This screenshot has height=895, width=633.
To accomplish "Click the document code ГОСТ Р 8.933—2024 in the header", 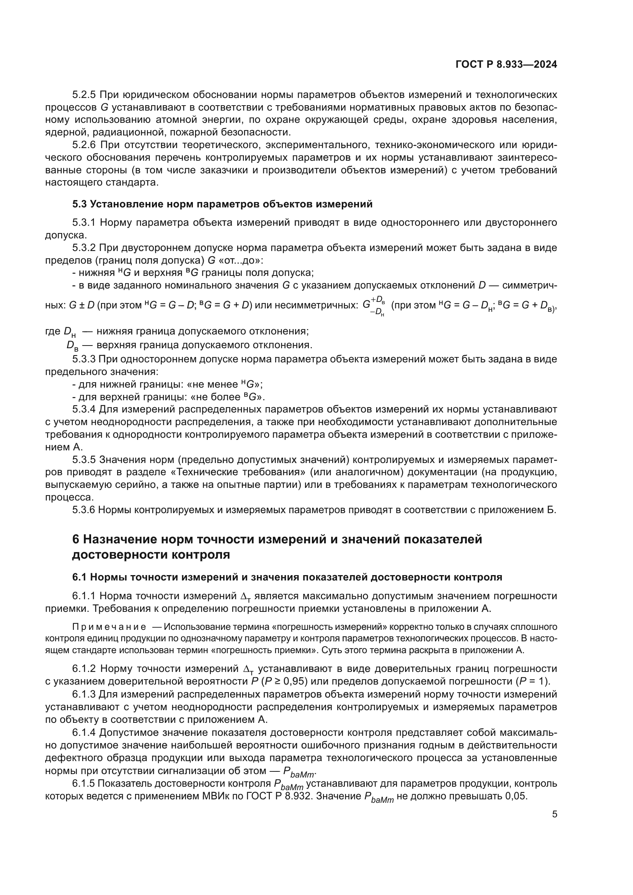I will click(506, 65).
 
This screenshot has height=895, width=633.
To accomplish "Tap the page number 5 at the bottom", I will click(554, 814).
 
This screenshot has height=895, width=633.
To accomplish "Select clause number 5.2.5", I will click(84, 95).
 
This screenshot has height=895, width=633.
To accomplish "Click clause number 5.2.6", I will click(84, 145).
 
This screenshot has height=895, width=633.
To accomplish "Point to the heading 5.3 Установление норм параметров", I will click(222, 204).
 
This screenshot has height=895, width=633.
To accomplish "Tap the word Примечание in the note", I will click(109, 627).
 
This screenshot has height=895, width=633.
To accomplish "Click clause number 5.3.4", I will click(84, 409).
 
